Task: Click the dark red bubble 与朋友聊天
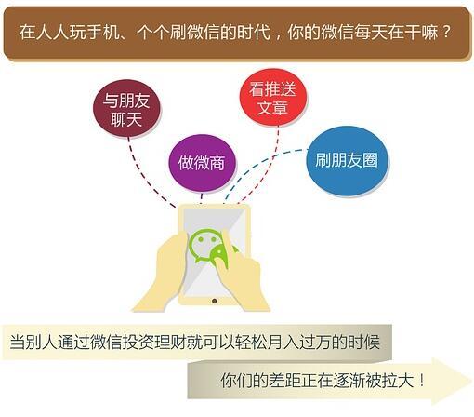pyautogui.click(x=127, y=109)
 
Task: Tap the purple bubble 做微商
pyautogui.click(x=202, y=163)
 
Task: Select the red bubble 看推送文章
pyautogui.click(x=273, y=98)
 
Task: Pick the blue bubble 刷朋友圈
pyautogui.click(x=347, y=161)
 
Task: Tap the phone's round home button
pyautogui.click(x=214, y=301)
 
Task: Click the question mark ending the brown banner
pyautogui.click(x=446, y=32)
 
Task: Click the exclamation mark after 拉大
pyautogui.click(x=423, y=380)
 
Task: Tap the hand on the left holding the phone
pyautogui.click(x=161, y=273)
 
